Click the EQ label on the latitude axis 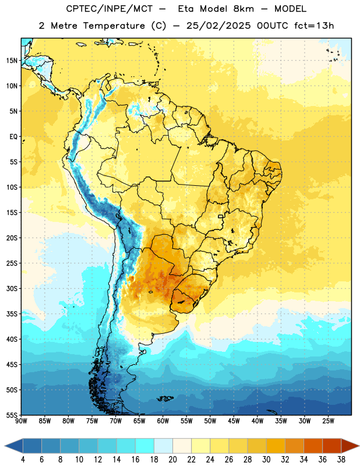pyautogui.click(x=13, y=137)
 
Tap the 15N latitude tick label pyautogui.click(x=12, y=61)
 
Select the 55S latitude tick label pyautogui.click(x=12, y=415)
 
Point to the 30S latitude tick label pyautogui.click(x=12, y=288)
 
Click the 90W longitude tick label pyautogui.click(x=21, y=421)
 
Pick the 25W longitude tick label pyautogui.click(x=328, y=421)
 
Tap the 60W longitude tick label pyautogui.click(x=163, y=421)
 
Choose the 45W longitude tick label pyautogui.click(x=234, y=421)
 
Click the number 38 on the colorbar pyautogui.click(x=341, y=460)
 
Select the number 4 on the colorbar pyautogui.click(x=23, y=460)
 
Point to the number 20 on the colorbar pyautogui.click(x=172, y=460)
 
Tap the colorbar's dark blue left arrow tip pyautogui.click(x=5, y=446)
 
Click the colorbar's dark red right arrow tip pyautogui.click(x=359, y=446)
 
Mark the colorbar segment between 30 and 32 pyautogui.click(x=276, y=446)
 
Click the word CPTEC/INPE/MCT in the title pyautogui.click(x=109, y=9)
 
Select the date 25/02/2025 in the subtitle pyautogui.click(x=218, y=26)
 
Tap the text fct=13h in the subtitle pyautogui.click(x=314, y=26)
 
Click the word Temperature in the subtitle pyautogui.click(x=114, y=26)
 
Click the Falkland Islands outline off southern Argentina pyautogui.click(x=165, y=398)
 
